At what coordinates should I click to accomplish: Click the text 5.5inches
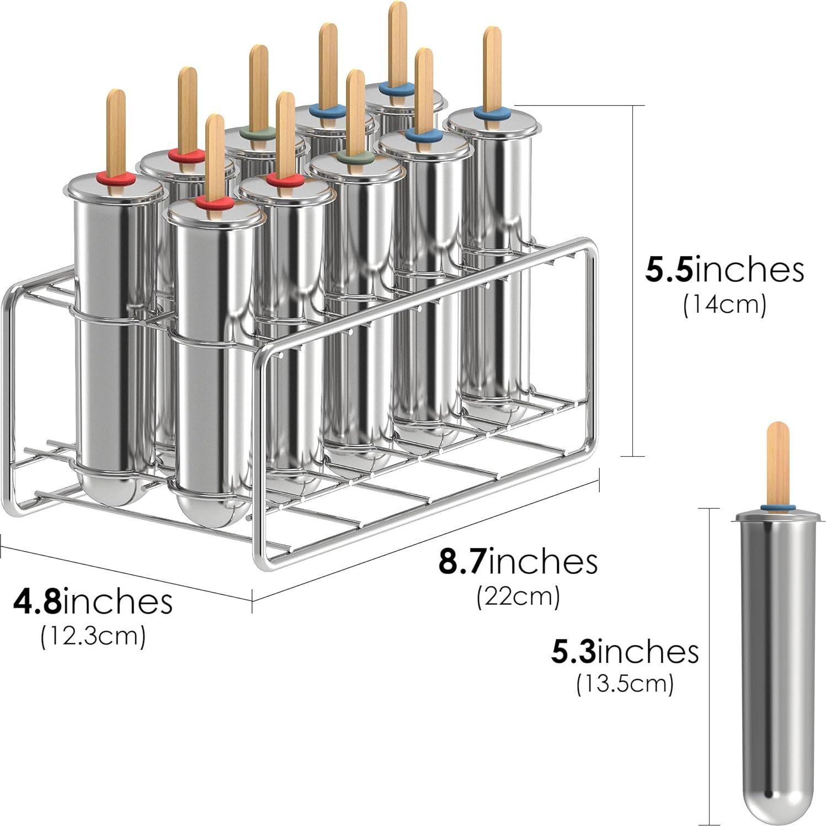pyautogui.click(x=724, y=270)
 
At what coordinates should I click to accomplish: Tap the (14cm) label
pyautogui.click(x=724, y=305)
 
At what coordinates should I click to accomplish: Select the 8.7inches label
pyautogui.click(x=518, y=562)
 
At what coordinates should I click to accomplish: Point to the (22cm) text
pyautogui.click(x=518, y=596)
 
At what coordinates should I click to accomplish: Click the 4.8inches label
pyautogui.click(x=93, y=601)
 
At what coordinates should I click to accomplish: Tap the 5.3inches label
pyautogui.click(x=625, y=652)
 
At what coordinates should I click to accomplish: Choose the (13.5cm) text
pyautogui.click(x=625, y=684)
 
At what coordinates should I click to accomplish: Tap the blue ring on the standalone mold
pyautogui.click(x=777, y=507)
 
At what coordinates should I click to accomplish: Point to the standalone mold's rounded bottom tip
pyautogui.click(x=778, y=803)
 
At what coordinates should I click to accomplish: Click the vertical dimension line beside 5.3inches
pyautogui.click(x=709, y=662)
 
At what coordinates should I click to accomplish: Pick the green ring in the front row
pyautogui.click(x=356, y=157)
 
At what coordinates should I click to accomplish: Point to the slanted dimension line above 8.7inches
pyautogui.click(x=425, y=541)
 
